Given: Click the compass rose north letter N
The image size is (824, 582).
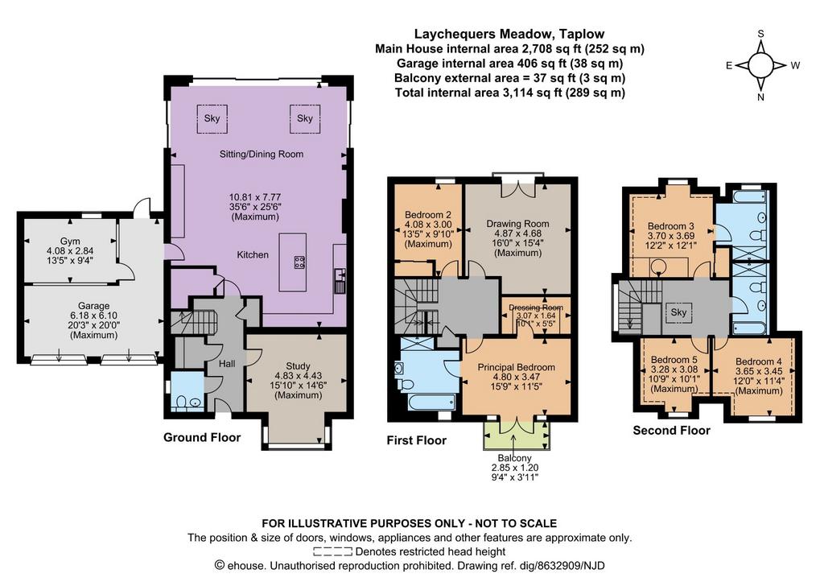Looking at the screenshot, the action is coord(760,97).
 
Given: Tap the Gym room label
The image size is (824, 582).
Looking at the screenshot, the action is coord(70,241).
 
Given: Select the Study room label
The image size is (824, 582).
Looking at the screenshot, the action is coord(298,366).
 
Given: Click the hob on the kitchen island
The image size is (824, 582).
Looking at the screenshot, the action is coord(299,262).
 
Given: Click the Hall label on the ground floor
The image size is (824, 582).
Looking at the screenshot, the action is coord(227,363).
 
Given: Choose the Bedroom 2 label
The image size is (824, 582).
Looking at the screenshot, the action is coord(428,214).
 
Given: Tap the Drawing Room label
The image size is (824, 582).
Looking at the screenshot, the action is coord(517,224).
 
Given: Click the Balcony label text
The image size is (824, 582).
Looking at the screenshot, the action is coord(514,458).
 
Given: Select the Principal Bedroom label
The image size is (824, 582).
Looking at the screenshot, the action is coord(516,367).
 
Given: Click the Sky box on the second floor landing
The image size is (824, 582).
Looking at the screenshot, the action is coord(678,312).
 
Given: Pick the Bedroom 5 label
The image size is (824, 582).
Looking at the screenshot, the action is coord(674,360).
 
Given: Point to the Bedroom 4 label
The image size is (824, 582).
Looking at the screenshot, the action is coord(758,361).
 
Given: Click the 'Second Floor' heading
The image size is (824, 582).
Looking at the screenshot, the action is coord(671,431).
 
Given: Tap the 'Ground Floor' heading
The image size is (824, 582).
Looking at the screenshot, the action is coord(202,437).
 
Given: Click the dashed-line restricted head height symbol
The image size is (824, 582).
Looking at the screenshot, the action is coord(332,551).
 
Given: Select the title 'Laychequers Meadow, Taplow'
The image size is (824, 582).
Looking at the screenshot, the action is coord(509,34).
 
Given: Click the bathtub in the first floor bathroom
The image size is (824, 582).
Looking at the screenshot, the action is coord(432,402).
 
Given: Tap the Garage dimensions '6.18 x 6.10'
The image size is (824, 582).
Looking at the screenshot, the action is coord(93,316).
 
